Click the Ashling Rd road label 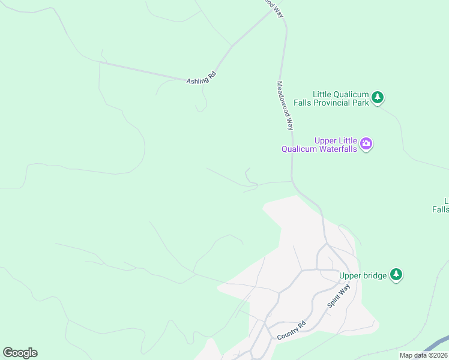pos(201,79)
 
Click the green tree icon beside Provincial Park pos(378,97)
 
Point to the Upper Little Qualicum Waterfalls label pos(321,145)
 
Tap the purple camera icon pos(366,145)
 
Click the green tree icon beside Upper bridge pos(396,274)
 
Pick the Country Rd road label pos(292,331)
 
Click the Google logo pos(20,353)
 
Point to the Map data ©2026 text pos(424,355)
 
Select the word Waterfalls pos(339,149)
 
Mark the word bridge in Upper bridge pos(375,276)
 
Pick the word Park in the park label pos(361,103)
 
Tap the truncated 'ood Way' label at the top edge pos(273,6)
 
